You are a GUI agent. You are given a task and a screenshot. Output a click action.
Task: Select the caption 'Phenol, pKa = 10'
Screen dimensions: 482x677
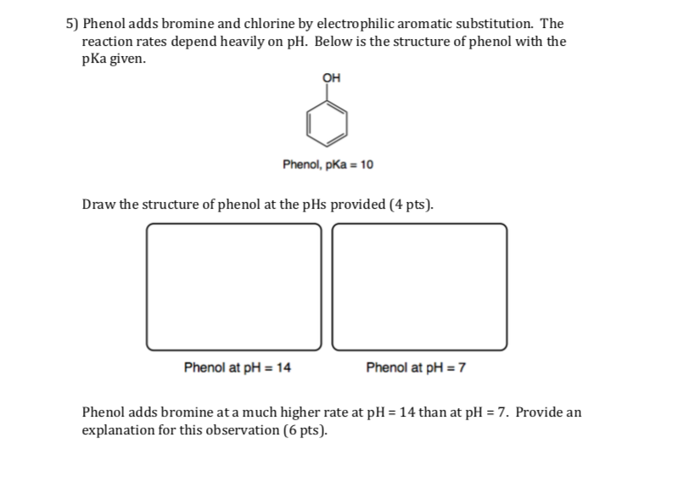tap(327, 164)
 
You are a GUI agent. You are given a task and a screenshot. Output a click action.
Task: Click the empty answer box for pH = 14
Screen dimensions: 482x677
tap(234, 286)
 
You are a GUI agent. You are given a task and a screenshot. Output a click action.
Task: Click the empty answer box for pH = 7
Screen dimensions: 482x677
tap(420, 286)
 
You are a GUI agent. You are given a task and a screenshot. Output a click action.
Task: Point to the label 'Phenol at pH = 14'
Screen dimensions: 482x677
tap(238, 367)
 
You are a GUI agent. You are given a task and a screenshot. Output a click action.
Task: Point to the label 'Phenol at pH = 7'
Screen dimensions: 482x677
tap(417, 367)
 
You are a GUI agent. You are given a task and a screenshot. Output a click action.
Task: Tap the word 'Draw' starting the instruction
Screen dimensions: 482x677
tap(97, 205)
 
